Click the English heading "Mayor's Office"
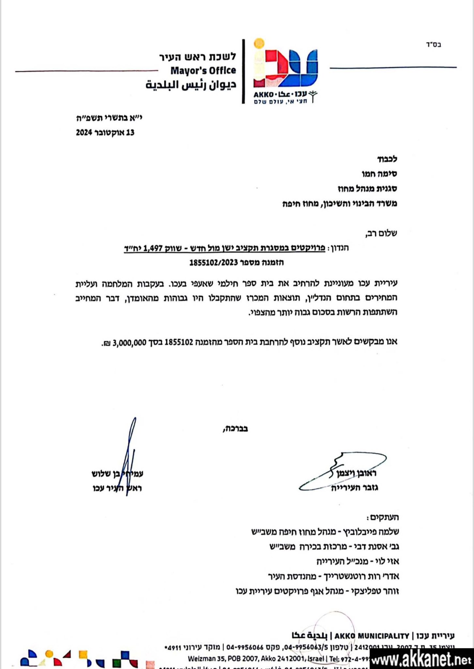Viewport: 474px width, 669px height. (x=203, y=70)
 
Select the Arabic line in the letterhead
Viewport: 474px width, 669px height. (x=191, y=85)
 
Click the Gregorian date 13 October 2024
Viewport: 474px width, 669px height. (x=105, y=133)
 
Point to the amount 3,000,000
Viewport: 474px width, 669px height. (x=129, y=343)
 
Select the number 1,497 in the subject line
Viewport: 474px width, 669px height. (x=153, y=248)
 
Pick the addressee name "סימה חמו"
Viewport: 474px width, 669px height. (x=380, y=174)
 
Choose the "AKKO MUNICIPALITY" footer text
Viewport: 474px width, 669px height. (x=372, y=636)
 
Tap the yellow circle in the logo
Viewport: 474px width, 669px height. (x=259, y=44)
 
